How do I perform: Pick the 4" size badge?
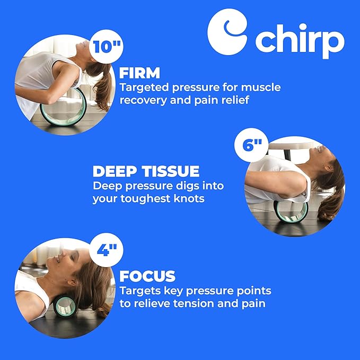point(106,250)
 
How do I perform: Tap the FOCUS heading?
point(147,276)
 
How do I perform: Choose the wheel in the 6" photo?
point(291,211)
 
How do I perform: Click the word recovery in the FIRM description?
point(142,100)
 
